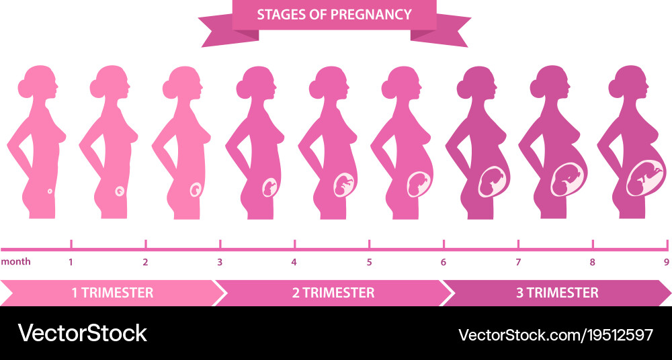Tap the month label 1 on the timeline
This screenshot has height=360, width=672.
click(x=71, y=262)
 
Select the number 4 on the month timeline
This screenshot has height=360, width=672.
click(x=294, y=262)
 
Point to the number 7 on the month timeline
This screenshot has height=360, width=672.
click(x=517, y=262)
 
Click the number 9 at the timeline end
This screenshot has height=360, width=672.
click(x=666, y=262)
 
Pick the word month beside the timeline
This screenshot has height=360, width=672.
click(x=15, y=262)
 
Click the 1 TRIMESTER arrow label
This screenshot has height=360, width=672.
click(x=112, y=293)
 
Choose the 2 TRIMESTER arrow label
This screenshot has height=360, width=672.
click(x=333, y=293)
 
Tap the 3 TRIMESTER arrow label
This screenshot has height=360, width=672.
click(x=557, y=293)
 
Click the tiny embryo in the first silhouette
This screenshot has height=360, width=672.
click(x=50, y=192)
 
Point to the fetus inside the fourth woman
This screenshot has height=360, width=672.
click(x=269, y=187)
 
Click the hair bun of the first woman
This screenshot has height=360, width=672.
click(x=26, y=85)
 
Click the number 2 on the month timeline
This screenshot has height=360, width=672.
click(x=145, y=262)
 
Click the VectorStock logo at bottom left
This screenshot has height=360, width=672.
click(x=82, y=333)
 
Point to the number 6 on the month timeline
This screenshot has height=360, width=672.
click(x=444, y=262)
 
